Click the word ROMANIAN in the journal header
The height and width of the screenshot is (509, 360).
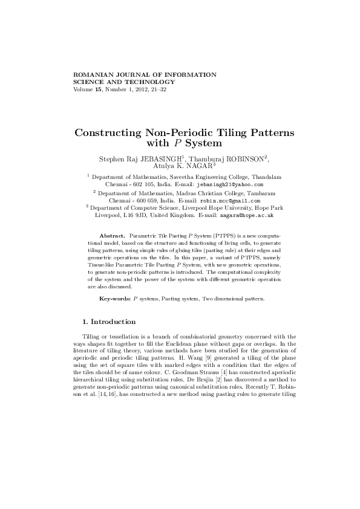tap(91, 74)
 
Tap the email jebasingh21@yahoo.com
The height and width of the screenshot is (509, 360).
tap(231, 183)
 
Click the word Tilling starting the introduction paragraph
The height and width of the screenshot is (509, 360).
tap(91, 336)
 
